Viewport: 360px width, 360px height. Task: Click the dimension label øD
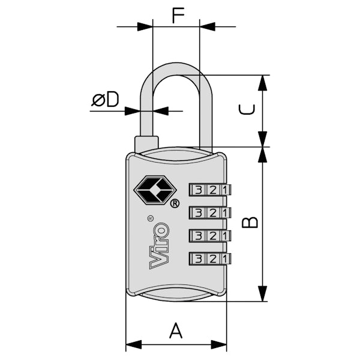tap(106, 100)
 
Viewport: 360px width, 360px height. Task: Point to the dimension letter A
tap(175, 331)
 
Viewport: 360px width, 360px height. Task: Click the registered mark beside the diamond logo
tap(175, 203)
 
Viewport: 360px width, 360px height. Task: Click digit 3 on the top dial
tap(199, 190)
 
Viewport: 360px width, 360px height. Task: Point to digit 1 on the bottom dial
tap(224, 259)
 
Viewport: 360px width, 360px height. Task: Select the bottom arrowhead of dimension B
tap(262, 295)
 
